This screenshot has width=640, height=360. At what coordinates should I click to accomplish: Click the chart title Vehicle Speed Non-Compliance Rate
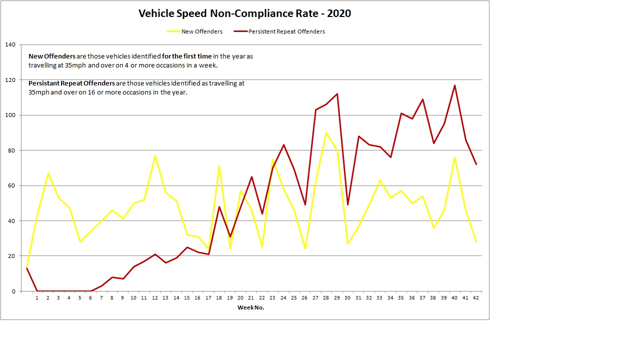pos(244,13)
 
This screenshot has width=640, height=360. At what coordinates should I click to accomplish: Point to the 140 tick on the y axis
pos(10,45)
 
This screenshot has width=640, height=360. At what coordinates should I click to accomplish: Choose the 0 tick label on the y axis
pos(14,291)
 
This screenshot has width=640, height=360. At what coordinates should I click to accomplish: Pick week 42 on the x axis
pos(476,298)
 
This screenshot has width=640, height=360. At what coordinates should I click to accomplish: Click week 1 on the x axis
pos(37,298)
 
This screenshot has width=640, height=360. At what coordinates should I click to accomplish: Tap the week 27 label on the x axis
pos(315,298)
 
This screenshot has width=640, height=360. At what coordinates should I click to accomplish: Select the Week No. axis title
pos(250,307)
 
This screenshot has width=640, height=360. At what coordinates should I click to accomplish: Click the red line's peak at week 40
pos(454,85)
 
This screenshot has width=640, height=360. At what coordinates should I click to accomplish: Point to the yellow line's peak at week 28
pos(326,132)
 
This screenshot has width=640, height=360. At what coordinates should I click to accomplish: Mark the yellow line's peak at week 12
pos(155,155)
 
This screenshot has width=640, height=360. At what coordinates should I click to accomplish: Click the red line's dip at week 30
pos(347,205)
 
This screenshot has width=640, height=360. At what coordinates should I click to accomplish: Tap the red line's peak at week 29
pos(337,94)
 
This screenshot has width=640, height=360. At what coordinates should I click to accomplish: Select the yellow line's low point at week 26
pos(305,249)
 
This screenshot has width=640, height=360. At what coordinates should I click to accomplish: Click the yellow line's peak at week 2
pos(48,173)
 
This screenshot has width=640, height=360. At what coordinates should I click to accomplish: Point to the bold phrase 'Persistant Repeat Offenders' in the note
pos(72,83)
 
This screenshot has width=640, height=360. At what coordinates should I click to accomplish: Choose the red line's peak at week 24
pos(283,145)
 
